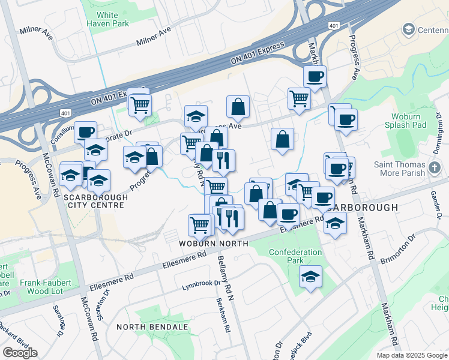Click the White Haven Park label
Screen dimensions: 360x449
click(107, 19)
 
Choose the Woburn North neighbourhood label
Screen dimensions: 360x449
click(213, 244)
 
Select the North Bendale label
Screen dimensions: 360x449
click(152, 327)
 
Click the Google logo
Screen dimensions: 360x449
click(20, 353)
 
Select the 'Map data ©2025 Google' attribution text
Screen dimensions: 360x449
click(412, 355)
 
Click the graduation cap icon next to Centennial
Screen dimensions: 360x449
click(409, 29)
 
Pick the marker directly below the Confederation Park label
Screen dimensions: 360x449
click(310, 277)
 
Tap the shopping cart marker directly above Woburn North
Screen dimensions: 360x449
click(200, 225)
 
